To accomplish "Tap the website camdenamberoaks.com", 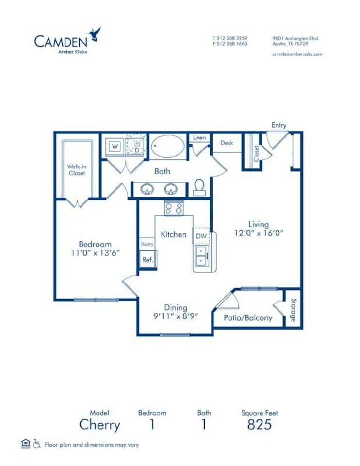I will coord(297,54).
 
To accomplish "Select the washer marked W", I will coord(115,146).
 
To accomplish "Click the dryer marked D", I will coord(136,146).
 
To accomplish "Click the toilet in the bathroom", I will coord(199,187).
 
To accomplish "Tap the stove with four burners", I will coord(174,209).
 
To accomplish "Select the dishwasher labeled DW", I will coord(201,236).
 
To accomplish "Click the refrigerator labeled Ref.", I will coord(147,260).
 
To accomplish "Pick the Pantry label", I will coord(147,244).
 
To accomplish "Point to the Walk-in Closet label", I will coord(76,169).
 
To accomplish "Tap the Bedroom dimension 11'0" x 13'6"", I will coord(96,252).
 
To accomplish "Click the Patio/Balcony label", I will coord(247,318).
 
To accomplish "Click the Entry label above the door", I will coord(279,125).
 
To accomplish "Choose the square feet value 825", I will coord(259,425).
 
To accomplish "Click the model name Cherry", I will coord(99,425).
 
